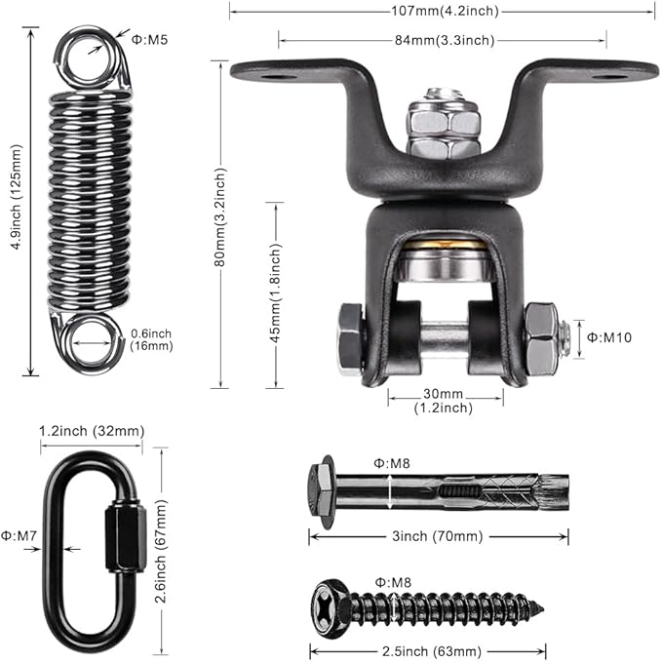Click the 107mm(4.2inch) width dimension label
click(x=445, y=11)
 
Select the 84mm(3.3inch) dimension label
click(x=445, y=40)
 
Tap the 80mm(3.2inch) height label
click(x=220, y=217)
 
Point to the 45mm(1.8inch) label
click(x=275, y=293)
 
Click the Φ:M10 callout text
click(x=609, y=337)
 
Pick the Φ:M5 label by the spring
click(x=149, y=40)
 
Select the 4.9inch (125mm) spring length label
click(x=16, y=197)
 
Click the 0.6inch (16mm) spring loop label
click(x=151, y=340)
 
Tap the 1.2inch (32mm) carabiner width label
click(x=92, y=431)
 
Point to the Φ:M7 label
click(x=19, y=536)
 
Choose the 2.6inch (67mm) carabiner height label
click(x=162, y=551)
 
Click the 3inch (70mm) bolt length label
click(x=438, y=536)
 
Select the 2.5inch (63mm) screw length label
click(x=432, y=651)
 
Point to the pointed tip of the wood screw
click(x=542, y=609)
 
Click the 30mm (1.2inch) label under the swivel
click(x=444, y=401)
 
